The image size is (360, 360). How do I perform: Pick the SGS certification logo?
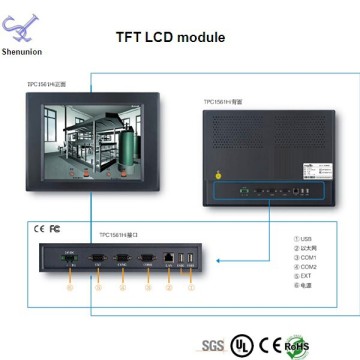pos(212,345)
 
